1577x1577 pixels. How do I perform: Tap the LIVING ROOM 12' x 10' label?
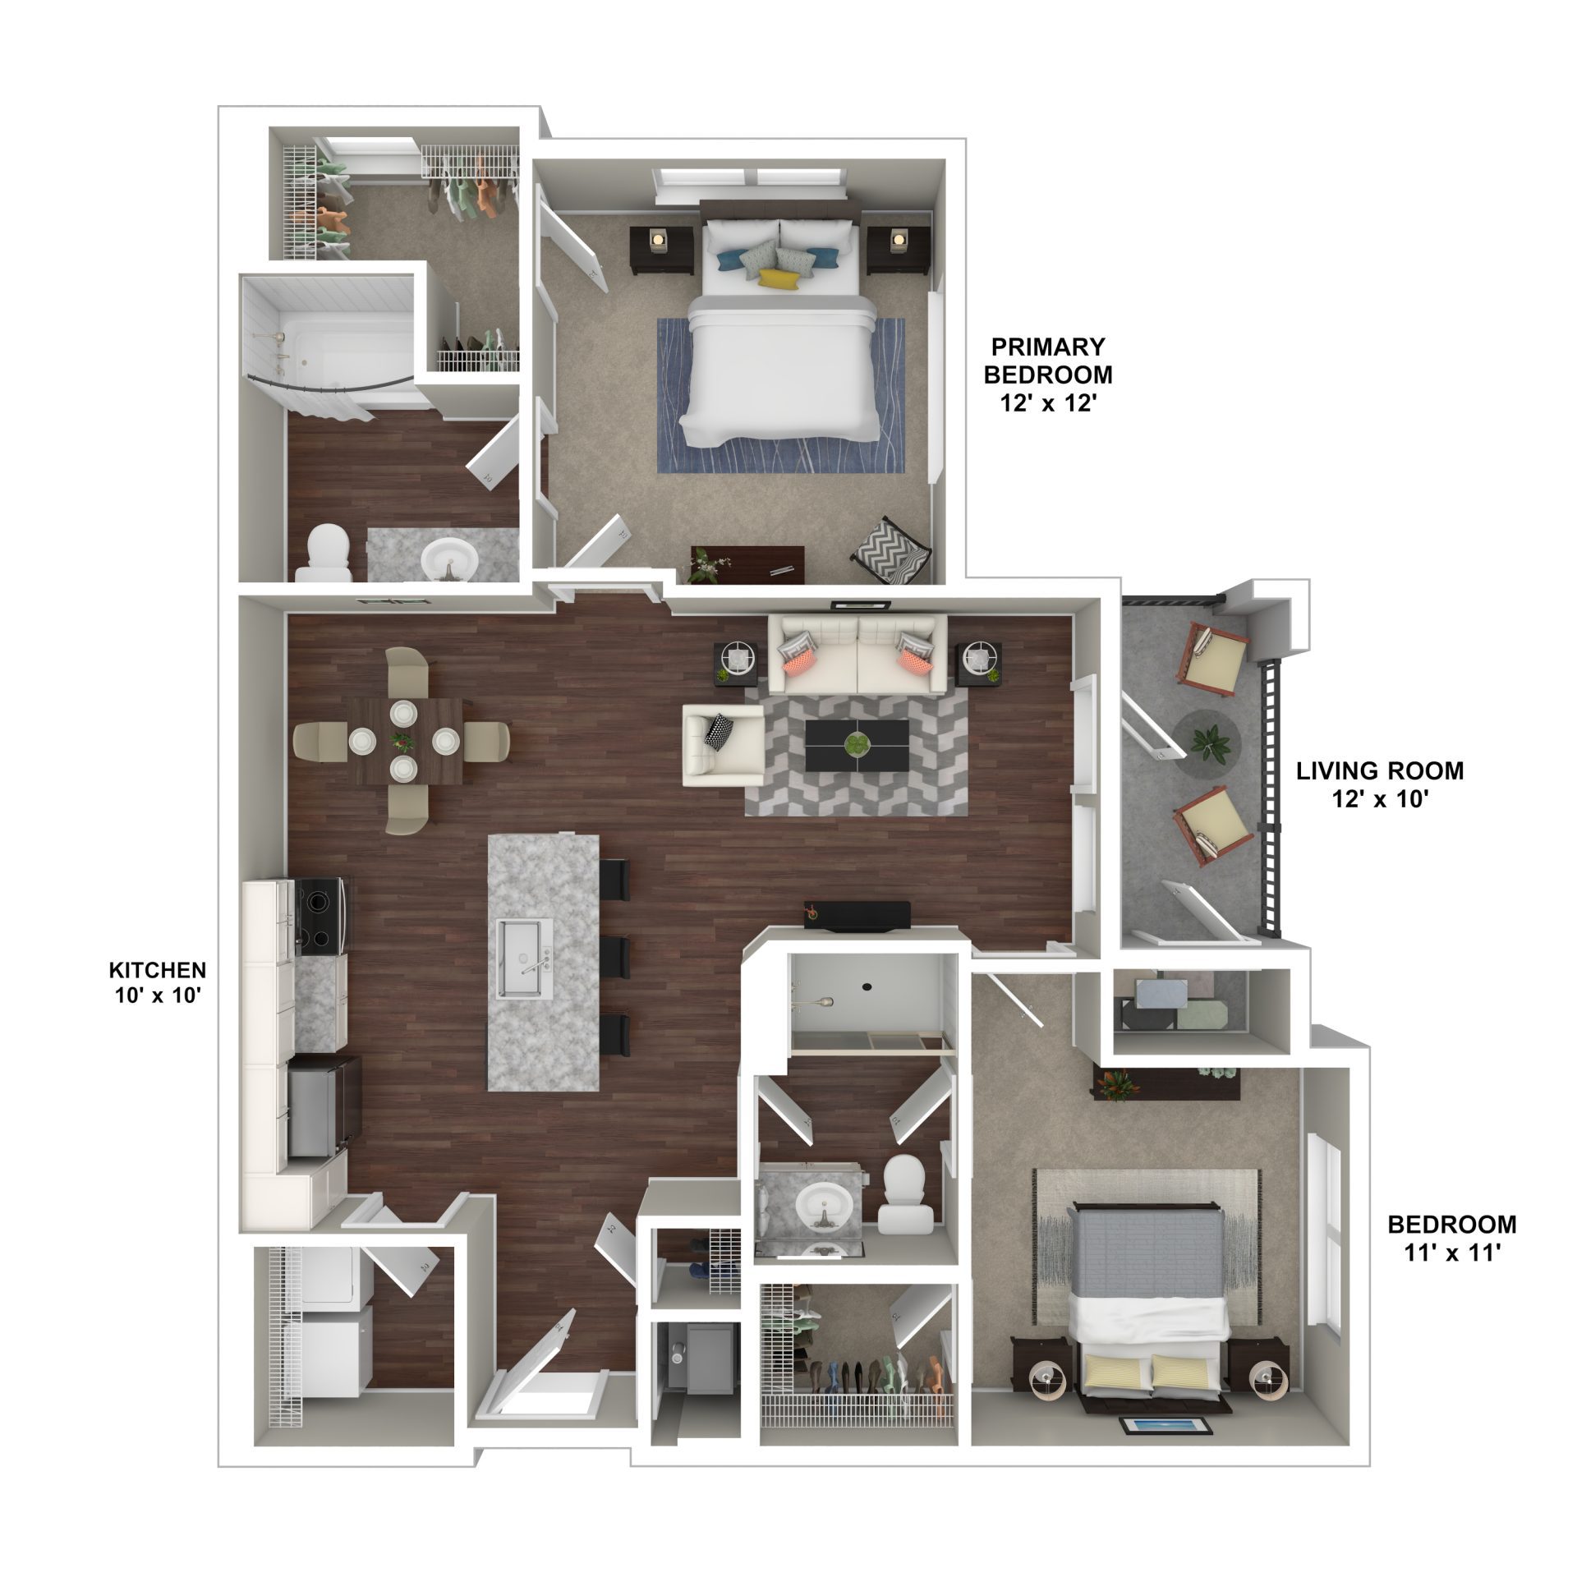(x=1380, y=784)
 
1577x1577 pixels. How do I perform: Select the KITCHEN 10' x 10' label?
(x=158, y=983)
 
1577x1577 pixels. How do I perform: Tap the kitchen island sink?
(x=525, y=959)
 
